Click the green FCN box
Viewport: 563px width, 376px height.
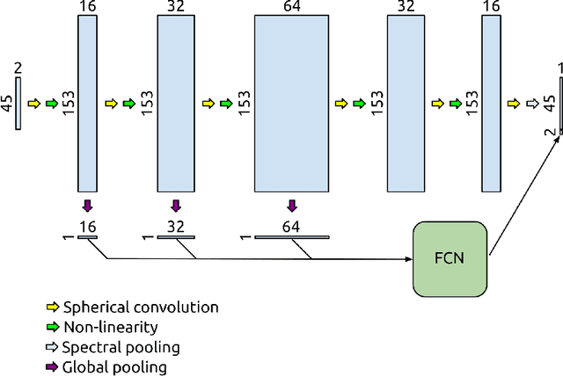click(450, 259)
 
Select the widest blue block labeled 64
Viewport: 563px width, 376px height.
click(291, 104)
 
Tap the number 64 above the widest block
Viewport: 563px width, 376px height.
click(291, 8)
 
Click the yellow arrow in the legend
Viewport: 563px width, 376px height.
click(52, 307)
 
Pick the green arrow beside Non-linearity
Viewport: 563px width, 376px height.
click(52, 328)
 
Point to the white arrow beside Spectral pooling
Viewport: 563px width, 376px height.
click(52, 348)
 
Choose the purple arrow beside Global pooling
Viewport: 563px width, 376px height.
click(52, 368)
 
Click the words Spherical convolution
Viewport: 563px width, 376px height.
click(140, 307)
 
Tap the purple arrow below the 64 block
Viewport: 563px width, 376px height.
click(292, 206)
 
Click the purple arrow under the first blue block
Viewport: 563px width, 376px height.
click(86, 206)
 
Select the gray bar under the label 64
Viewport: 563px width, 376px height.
click(291, 237)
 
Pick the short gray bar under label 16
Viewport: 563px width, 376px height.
click(86, 237)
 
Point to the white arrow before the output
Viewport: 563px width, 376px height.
click(532, 104)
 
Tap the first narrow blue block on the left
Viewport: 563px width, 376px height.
click(86, 104)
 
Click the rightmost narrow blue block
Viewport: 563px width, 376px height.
click(491, 104)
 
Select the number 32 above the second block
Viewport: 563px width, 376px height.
click(175, 8)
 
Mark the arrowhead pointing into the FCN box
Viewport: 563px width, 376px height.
click(408, 259)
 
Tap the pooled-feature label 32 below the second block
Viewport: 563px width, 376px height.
click(175, 227)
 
